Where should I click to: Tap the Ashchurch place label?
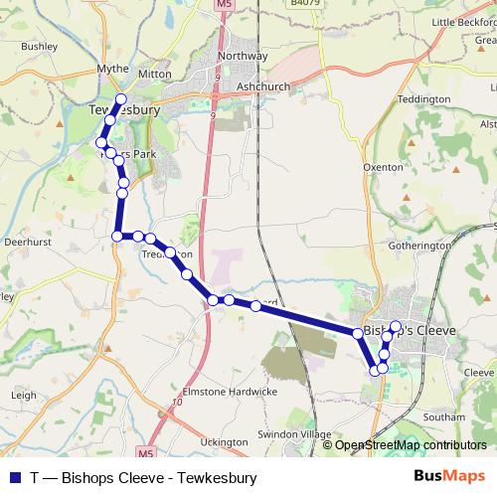pos(263,87)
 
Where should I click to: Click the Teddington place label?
pos(423,99)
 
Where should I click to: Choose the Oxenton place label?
pos(383,168)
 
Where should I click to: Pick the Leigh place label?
pos(23,395)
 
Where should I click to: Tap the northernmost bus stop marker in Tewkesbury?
pos(121,98)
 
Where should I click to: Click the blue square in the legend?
pos(12,478)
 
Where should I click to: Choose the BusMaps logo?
pos(451,477)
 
